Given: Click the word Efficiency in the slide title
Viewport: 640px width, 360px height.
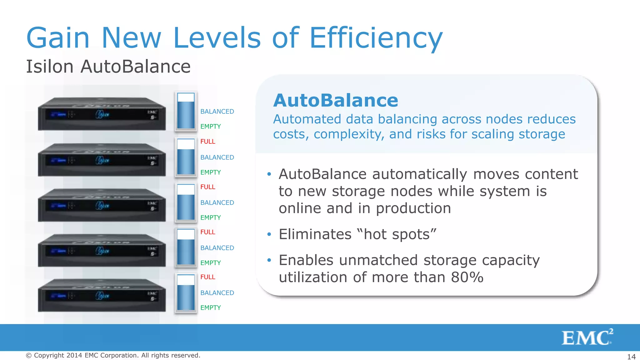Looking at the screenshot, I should (x=376, y=38).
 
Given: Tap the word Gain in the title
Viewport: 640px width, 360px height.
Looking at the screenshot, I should (x=58, y=38).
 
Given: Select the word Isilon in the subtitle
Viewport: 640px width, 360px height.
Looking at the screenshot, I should (x=50, y=67).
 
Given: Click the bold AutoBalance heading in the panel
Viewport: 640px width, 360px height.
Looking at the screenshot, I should (x=336, y=100).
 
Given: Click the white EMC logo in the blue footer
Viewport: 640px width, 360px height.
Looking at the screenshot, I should (x=587, y=337).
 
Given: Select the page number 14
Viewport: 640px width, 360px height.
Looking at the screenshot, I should (x=631, y=357).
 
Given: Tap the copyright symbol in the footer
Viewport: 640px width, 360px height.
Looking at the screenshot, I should (x=29, y=355).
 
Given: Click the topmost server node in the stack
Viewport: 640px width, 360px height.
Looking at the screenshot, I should (x=102, y=114).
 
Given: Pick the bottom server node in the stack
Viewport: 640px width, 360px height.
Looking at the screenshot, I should (x=102, y=296).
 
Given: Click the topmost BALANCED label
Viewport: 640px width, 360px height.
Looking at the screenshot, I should (x=217, y=112).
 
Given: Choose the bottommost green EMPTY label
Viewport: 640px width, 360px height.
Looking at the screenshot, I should (x=211, y=308).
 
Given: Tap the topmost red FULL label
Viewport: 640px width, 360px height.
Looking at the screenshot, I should (x=208, y=142).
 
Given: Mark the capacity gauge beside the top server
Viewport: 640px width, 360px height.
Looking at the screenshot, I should (x=186, y=111).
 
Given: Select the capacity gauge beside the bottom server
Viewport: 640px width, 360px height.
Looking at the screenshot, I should (x=186, y=293).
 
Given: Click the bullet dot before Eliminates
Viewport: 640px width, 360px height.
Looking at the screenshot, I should (x=269, y=234).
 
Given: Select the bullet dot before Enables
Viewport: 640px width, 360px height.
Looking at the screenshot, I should (x=269, y=260).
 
